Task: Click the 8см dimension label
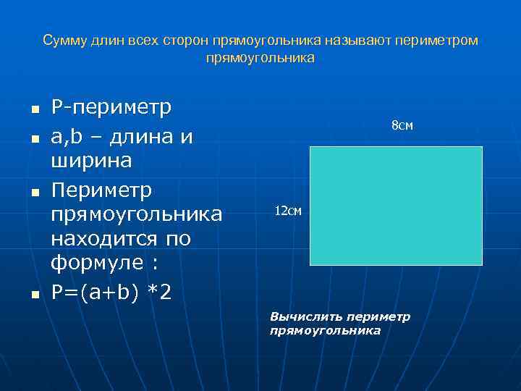pos(402,126)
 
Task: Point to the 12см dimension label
pos(288,211)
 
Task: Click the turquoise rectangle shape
pos(396,206)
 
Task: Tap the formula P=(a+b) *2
pos(111,292)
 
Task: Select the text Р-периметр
pos(111,109)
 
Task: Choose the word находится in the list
pos(96,238)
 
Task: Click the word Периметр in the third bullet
pos(101,190)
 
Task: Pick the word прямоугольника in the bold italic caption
pos(324,330)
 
